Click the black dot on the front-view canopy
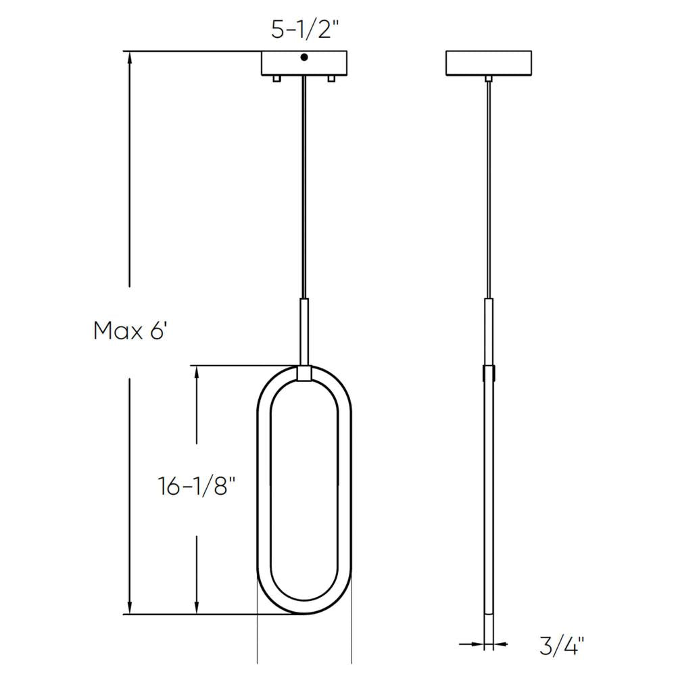(304, 58)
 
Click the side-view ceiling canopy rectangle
(488, 63)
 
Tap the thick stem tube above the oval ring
(304, 331)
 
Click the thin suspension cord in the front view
(304, 189)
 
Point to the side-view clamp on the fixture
(488, 373)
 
